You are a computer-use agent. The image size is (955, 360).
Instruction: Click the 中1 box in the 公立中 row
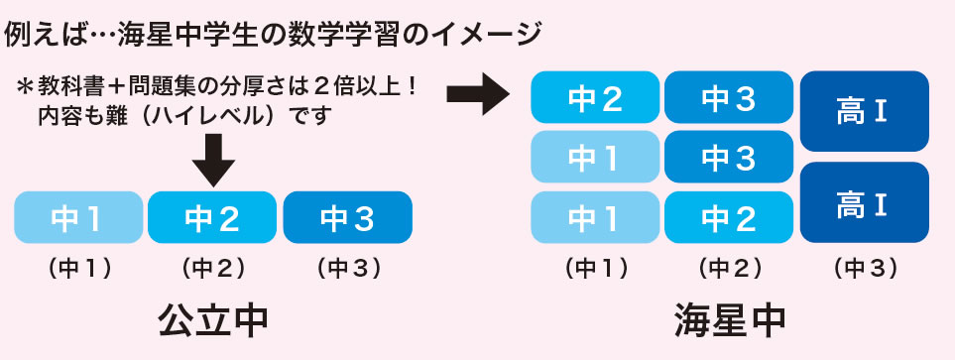[78, 217]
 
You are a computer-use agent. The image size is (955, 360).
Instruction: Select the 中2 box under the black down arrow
[212, 217]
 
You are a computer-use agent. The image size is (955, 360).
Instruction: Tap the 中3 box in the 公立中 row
[347, 217]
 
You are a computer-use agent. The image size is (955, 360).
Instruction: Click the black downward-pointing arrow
[212, 159]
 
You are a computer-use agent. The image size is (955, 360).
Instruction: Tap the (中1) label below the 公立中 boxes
[78, 268]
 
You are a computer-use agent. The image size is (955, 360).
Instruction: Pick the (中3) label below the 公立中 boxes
[347, 268]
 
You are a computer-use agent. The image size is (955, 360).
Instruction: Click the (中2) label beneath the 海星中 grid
[729, 268]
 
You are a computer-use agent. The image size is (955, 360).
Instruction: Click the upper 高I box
[863, 112]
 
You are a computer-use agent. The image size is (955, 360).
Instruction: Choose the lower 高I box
[863, 203]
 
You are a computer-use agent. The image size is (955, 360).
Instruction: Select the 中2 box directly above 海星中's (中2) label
[729, 217]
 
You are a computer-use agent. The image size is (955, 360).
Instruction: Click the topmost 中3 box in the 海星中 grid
[729, 97]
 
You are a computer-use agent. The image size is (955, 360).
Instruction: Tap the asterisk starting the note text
[24, 87]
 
